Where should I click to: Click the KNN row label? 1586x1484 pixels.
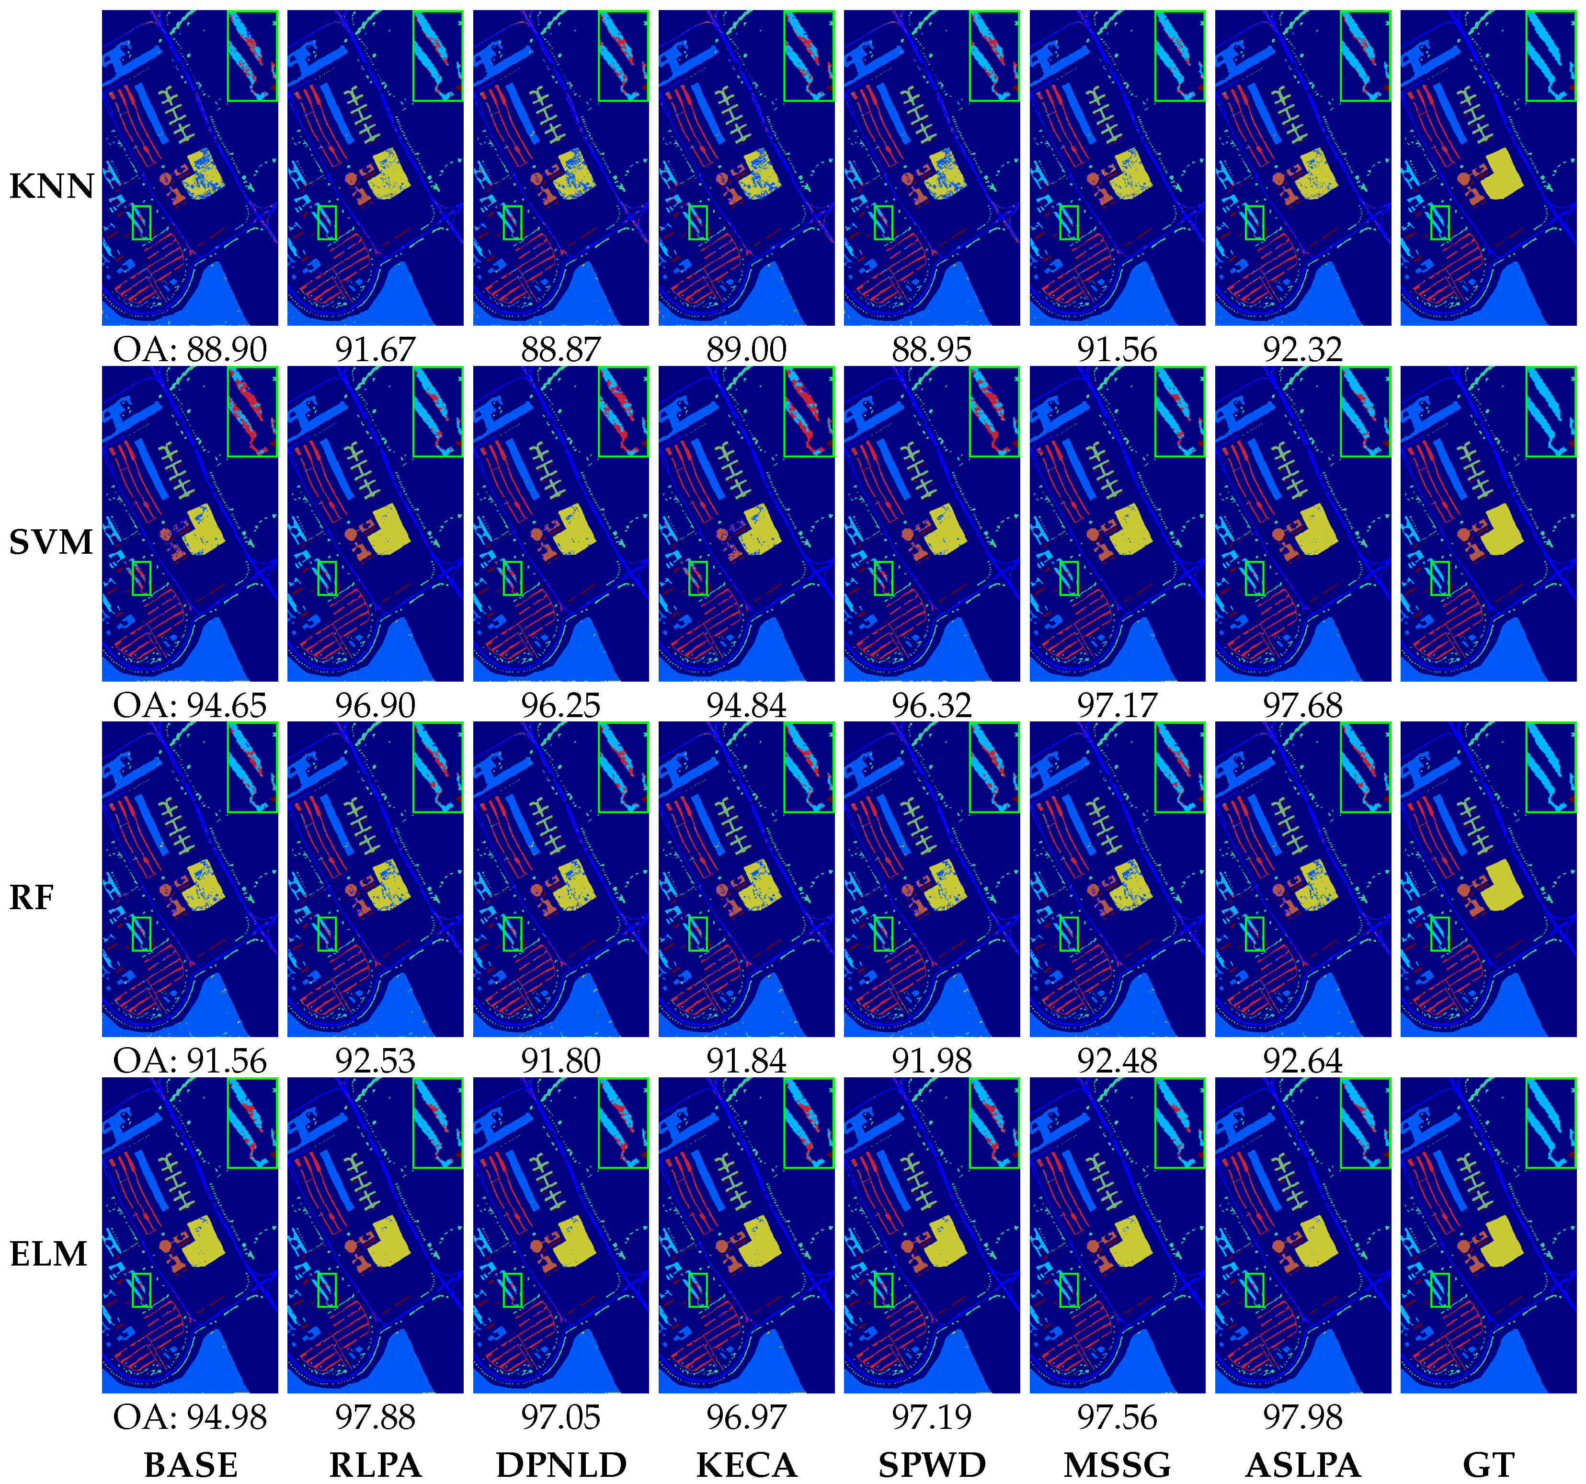pos(51,187)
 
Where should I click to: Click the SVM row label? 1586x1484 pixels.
pos(51,543)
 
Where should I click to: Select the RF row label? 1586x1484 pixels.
pos(32,898)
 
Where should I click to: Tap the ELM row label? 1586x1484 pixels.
pos(48,1254)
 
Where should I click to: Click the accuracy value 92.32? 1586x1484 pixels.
pos(1303,350)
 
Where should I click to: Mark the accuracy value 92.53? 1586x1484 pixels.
pos(375,1061)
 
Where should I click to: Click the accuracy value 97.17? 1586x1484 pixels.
pos(1117,705)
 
